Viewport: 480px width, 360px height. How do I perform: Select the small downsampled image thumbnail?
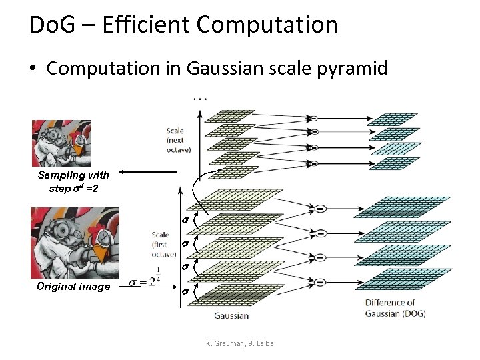click(61, 143)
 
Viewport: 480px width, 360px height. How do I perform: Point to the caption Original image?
click(74, 287)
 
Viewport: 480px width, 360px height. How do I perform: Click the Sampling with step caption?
click(73, 181)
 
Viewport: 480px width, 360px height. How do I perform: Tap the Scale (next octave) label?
click(179, 140)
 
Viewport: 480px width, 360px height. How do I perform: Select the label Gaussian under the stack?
click(231, 315)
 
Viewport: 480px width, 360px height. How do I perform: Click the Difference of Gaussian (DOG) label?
click(395, 308)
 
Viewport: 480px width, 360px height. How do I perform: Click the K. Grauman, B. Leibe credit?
click(240, 343)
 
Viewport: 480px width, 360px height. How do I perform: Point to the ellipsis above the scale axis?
click(199, 97)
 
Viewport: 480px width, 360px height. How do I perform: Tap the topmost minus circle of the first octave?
click(320, 209)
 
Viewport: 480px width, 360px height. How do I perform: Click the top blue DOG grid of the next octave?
click(393, 119)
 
